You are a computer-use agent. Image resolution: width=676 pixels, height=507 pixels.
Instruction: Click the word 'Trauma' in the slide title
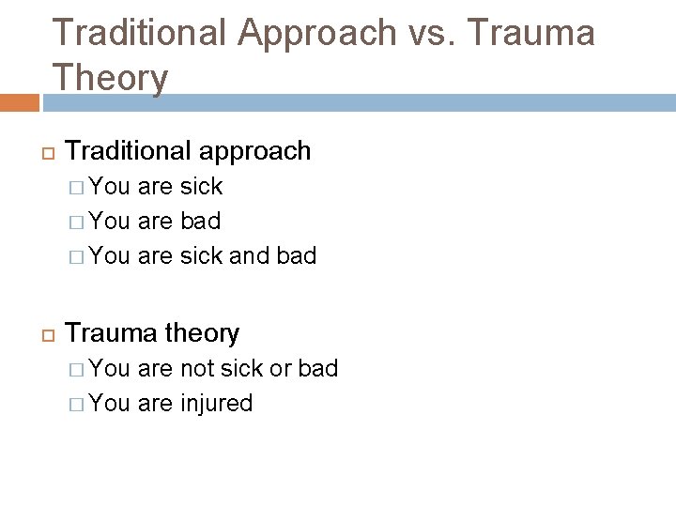point(530,33)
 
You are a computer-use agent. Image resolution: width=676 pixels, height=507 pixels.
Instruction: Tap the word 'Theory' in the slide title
point(111,77)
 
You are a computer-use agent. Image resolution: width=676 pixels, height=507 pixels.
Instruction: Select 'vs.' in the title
point(431,33)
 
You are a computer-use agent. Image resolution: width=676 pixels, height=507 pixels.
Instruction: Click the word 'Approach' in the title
point(317,33)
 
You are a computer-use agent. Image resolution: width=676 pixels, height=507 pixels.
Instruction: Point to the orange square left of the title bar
point(20,102)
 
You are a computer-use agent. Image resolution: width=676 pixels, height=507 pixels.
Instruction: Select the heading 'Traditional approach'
point(188,151)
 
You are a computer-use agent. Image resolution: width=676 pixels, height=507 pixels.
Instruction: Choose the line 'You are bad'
point(157,221)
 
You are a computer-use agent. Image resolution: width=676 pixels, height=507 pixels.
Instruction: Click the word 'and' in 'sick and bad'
point(250,255)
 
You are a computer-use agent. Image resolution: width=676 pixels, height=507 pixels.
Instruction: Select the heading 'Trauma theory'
point(152,333)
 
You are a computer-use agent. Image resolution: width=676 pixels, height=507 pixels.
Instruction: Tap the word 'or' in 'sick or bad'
point(281,368)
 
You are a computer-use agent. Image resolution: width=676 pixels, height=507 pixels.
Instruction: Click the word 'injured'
point(217,404)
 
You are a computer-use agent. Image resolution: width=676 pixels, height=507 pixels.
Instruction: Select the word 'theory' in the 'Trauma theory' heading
point(201,333)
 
